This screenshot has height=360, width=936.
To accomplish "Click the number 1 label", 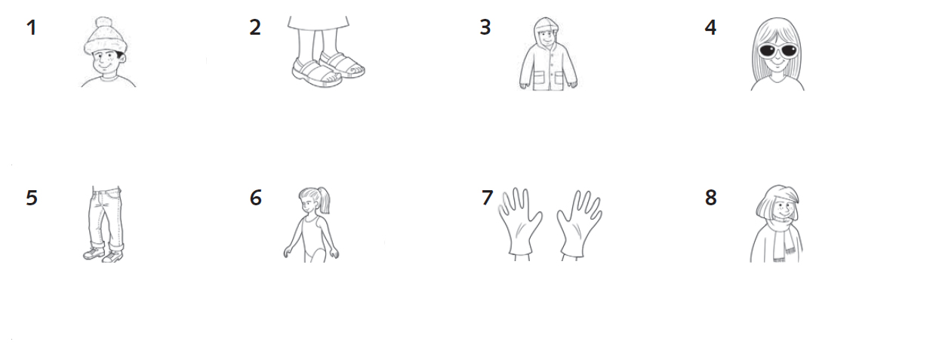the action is click(32, 28).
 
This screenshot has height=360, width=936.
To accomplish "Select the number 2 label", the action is click(255, 28).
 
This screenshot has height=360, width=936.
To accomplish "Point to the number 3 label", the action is click(485, 28).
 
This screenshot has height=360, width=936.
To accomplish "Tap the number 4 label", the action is click(710, 28).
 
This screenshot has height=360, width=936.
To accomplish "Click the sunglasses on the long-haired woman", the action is click(778, 51).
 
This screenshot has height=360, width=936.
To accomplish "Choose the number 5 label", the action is click(32, 198).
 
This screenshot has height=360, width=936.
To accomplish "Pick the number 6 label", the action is click(256, 198).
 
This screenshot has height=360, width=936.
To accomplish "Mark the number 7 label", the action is click(487, 198).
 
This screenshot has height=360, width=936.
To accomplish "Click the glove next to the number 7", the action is click(520, 221).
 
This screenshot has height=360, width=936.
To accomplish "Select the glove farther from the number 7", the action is click(579, 224).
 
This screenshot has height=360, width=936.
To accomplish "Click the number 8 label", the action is click(711, 198).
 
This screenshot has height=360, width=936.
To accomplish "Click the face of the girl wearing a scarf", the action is click(782, 209).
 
